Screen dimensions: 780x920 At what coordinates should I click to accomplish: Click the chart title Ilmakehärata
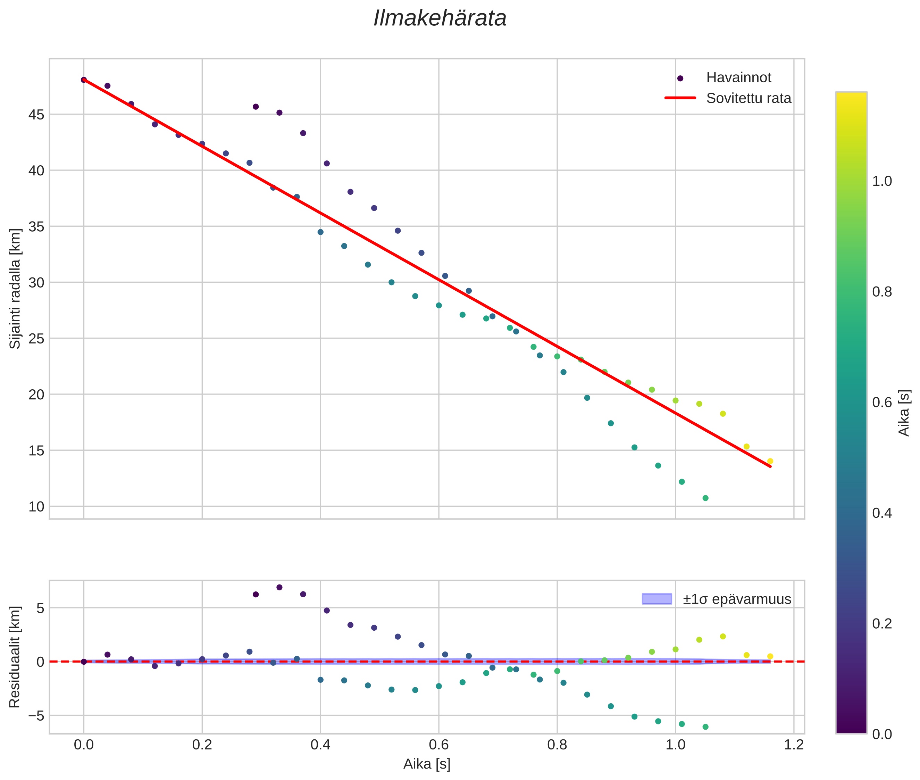440,18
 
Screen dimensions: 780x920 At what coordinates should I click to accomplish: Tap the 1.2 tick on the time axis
794,745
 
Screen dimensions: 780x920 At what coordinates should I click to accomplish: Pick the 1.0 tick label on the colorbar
881,181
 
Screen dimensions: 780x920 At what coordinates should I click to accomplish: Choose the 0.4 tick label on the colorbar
881,513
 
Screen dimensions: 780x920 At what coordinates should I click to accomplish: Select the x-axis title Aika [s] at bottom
427,764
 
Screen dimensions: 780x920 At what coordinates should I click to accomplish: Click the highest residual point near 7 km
279,587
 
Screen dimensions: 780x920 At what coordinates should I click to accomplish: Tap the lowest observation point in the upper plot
705,498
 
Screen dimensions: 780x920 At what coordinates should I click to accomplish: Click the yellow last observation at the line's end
770,461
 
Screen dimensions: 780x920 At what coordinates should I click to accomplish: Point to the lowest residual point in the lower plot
705,727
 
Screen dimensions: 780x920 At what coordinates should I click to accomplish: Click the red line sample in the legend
680,98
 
